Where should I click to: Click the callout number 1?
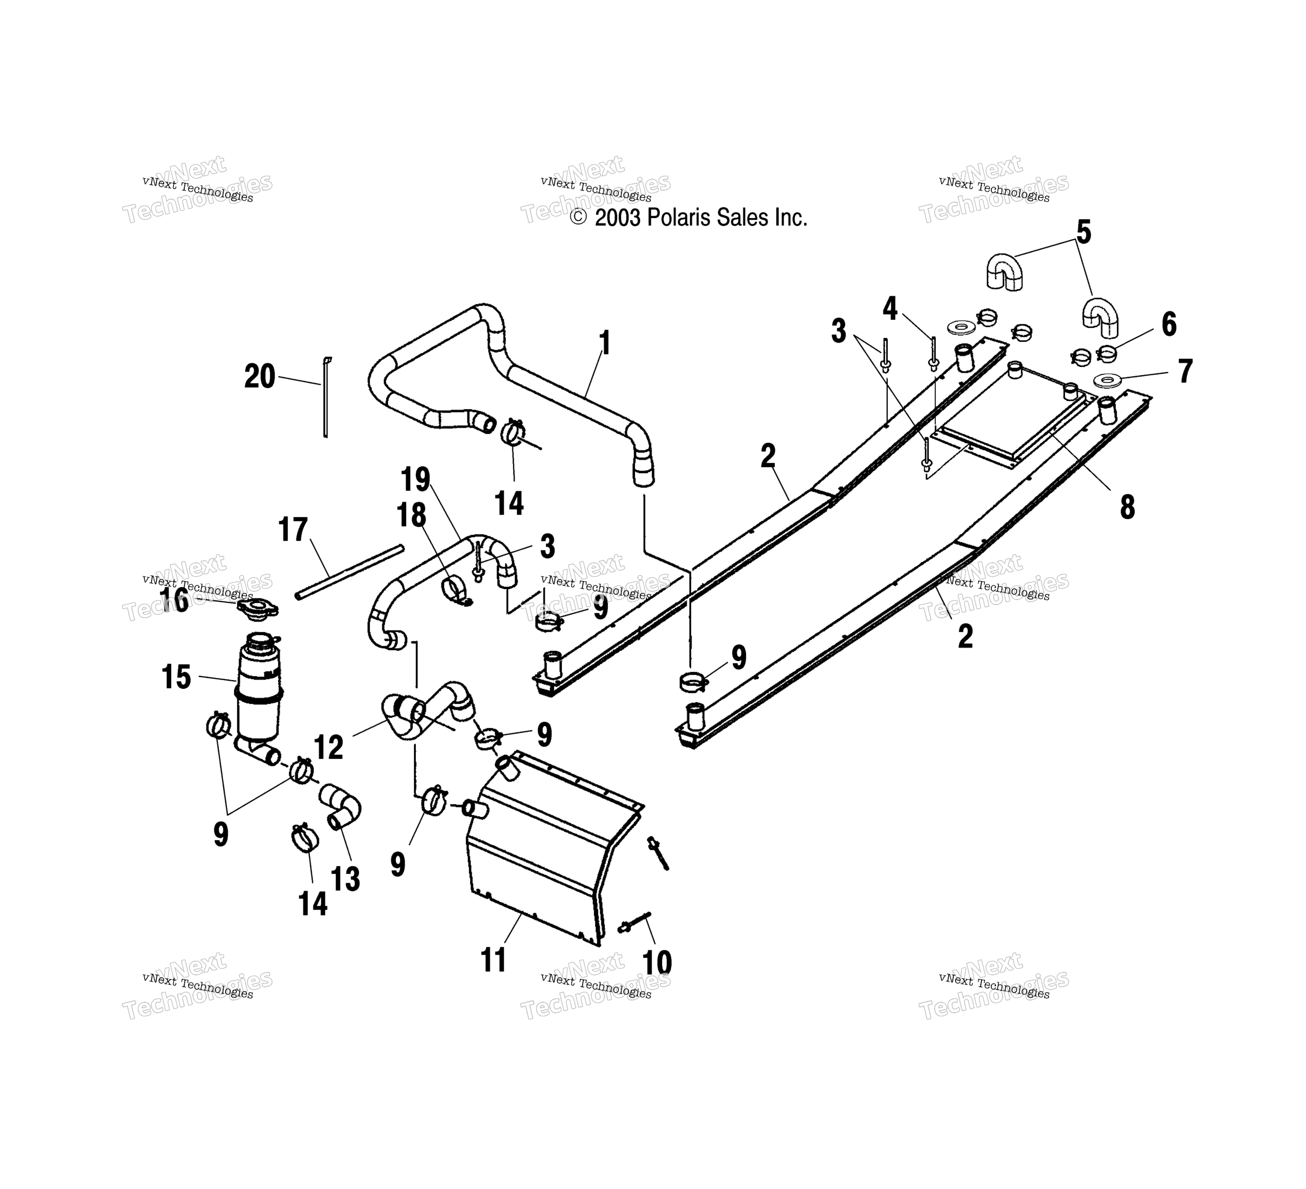(604, 343)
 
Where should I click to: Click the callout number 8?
(1127, 507)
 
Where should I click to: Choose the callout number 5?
(1083, 232)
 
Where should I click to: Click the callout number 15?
(176, 677)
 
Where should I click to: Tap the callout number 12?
(329, 748)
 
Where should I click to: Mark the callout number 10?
(657, 962)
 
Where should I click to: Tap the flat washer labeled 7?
(1107, 380)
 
